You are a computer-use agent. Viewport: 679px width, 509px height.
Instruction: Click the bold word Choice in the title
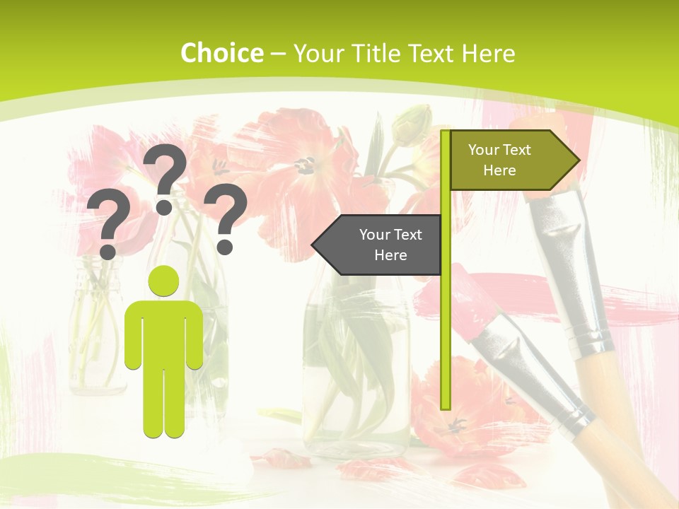tap(221, 53)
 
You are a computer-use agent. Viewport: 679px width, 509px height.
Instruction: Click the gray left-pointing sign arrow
tap(378, 245)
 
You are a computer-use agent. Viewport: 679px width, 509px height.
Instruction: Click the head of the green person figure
tap(163, 281)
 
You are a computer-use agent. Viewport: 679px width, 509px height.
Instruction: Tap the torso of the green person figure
tap(163, 332)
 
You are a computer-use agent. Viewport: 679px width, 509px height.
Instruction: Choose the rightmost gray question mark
tap(226, 218)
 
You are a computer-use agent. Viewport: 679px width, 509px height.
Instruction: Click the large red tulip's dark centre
tap(306, 165)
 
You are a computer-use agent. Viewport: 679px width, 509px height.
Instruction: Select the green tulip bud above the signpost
tap(414, 126)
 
